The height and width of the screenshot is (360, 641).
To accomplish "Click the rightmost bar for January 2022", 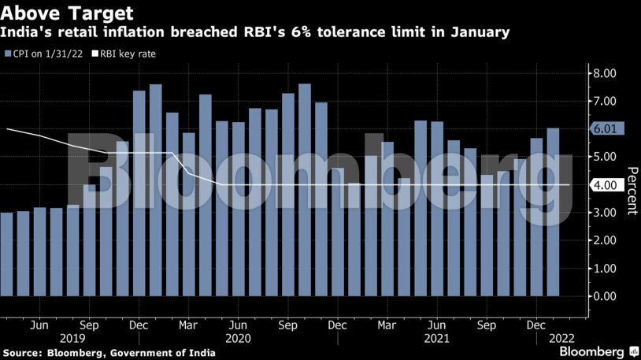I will point(554,213).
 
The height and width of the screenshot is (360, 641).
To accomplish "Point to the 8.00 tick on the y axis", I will point(604,73).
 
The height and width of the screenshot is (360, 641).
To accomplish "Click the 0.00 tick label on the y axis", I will point(604,296).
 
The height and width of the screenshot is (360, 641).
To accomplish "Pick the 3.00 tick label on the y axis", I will point(604,213).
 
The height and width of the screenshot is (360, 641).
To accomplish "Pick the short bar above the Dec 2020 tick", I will point(354,239).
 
